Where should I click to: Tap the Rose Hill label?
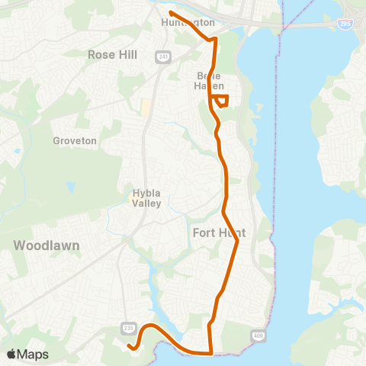(111, 55)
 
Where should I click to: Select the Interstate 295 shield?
(345, 24)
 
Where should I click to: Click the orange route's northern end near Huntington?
(170, 13)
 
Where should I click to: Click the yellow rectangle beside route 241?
(146, 108)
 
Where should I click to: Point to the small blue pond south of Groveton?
(70, 186)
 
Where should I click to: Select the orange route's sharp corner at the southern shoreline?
(211, 353)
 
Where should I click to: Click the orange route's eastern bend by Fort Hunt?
(238, 242)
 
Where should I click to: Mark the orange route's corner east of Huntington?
(216, 37)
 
